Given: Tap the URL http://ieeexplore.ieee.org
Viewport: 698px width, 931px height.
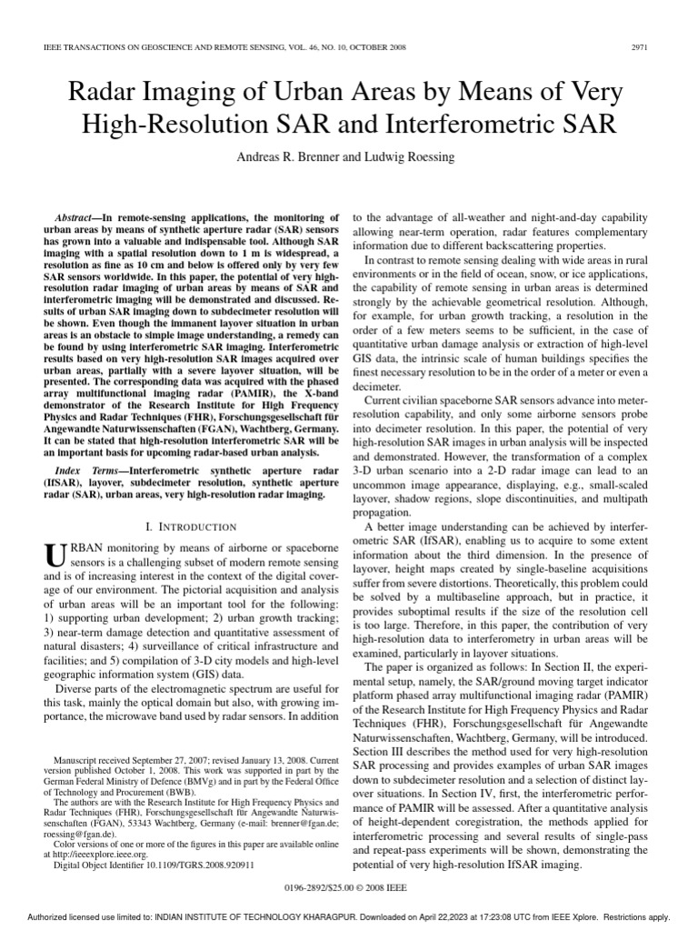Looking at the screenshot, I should point(97,854).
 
